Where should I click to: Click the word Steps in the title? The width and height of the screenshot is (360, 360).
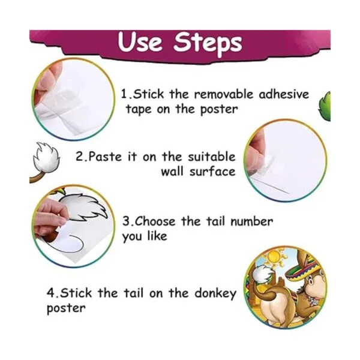coord(208,43)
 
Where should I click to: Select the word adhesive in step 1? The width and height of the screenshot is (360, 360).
coord(284,94)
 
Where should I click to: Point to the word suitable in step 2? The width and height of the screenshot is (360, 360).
coord(212,157)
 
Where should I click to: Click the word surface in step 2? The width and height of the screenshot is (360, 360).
coord(212,172)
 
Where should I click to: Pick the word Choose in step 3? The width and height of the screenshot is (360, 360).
coord(155,221)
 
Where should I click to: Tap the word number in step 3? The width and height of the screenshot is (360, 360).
coord(251,221)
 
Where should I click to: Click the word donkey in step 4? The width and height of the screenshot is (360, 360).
coord(215,294)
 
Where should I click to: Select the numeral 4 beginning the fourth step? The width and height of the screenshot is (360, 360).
coord(50,293)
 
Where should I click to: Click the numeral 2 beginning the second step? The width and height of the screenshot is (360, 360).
coord(79,157)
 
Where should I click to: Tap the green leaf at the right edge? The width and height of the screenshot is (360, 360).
coord(325,106)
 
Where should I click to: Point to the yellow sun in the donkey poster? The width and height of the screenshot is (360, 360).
coord(275,257)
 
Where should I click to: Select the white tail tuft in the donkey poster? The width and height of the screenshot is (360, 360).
coord(262,275)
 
